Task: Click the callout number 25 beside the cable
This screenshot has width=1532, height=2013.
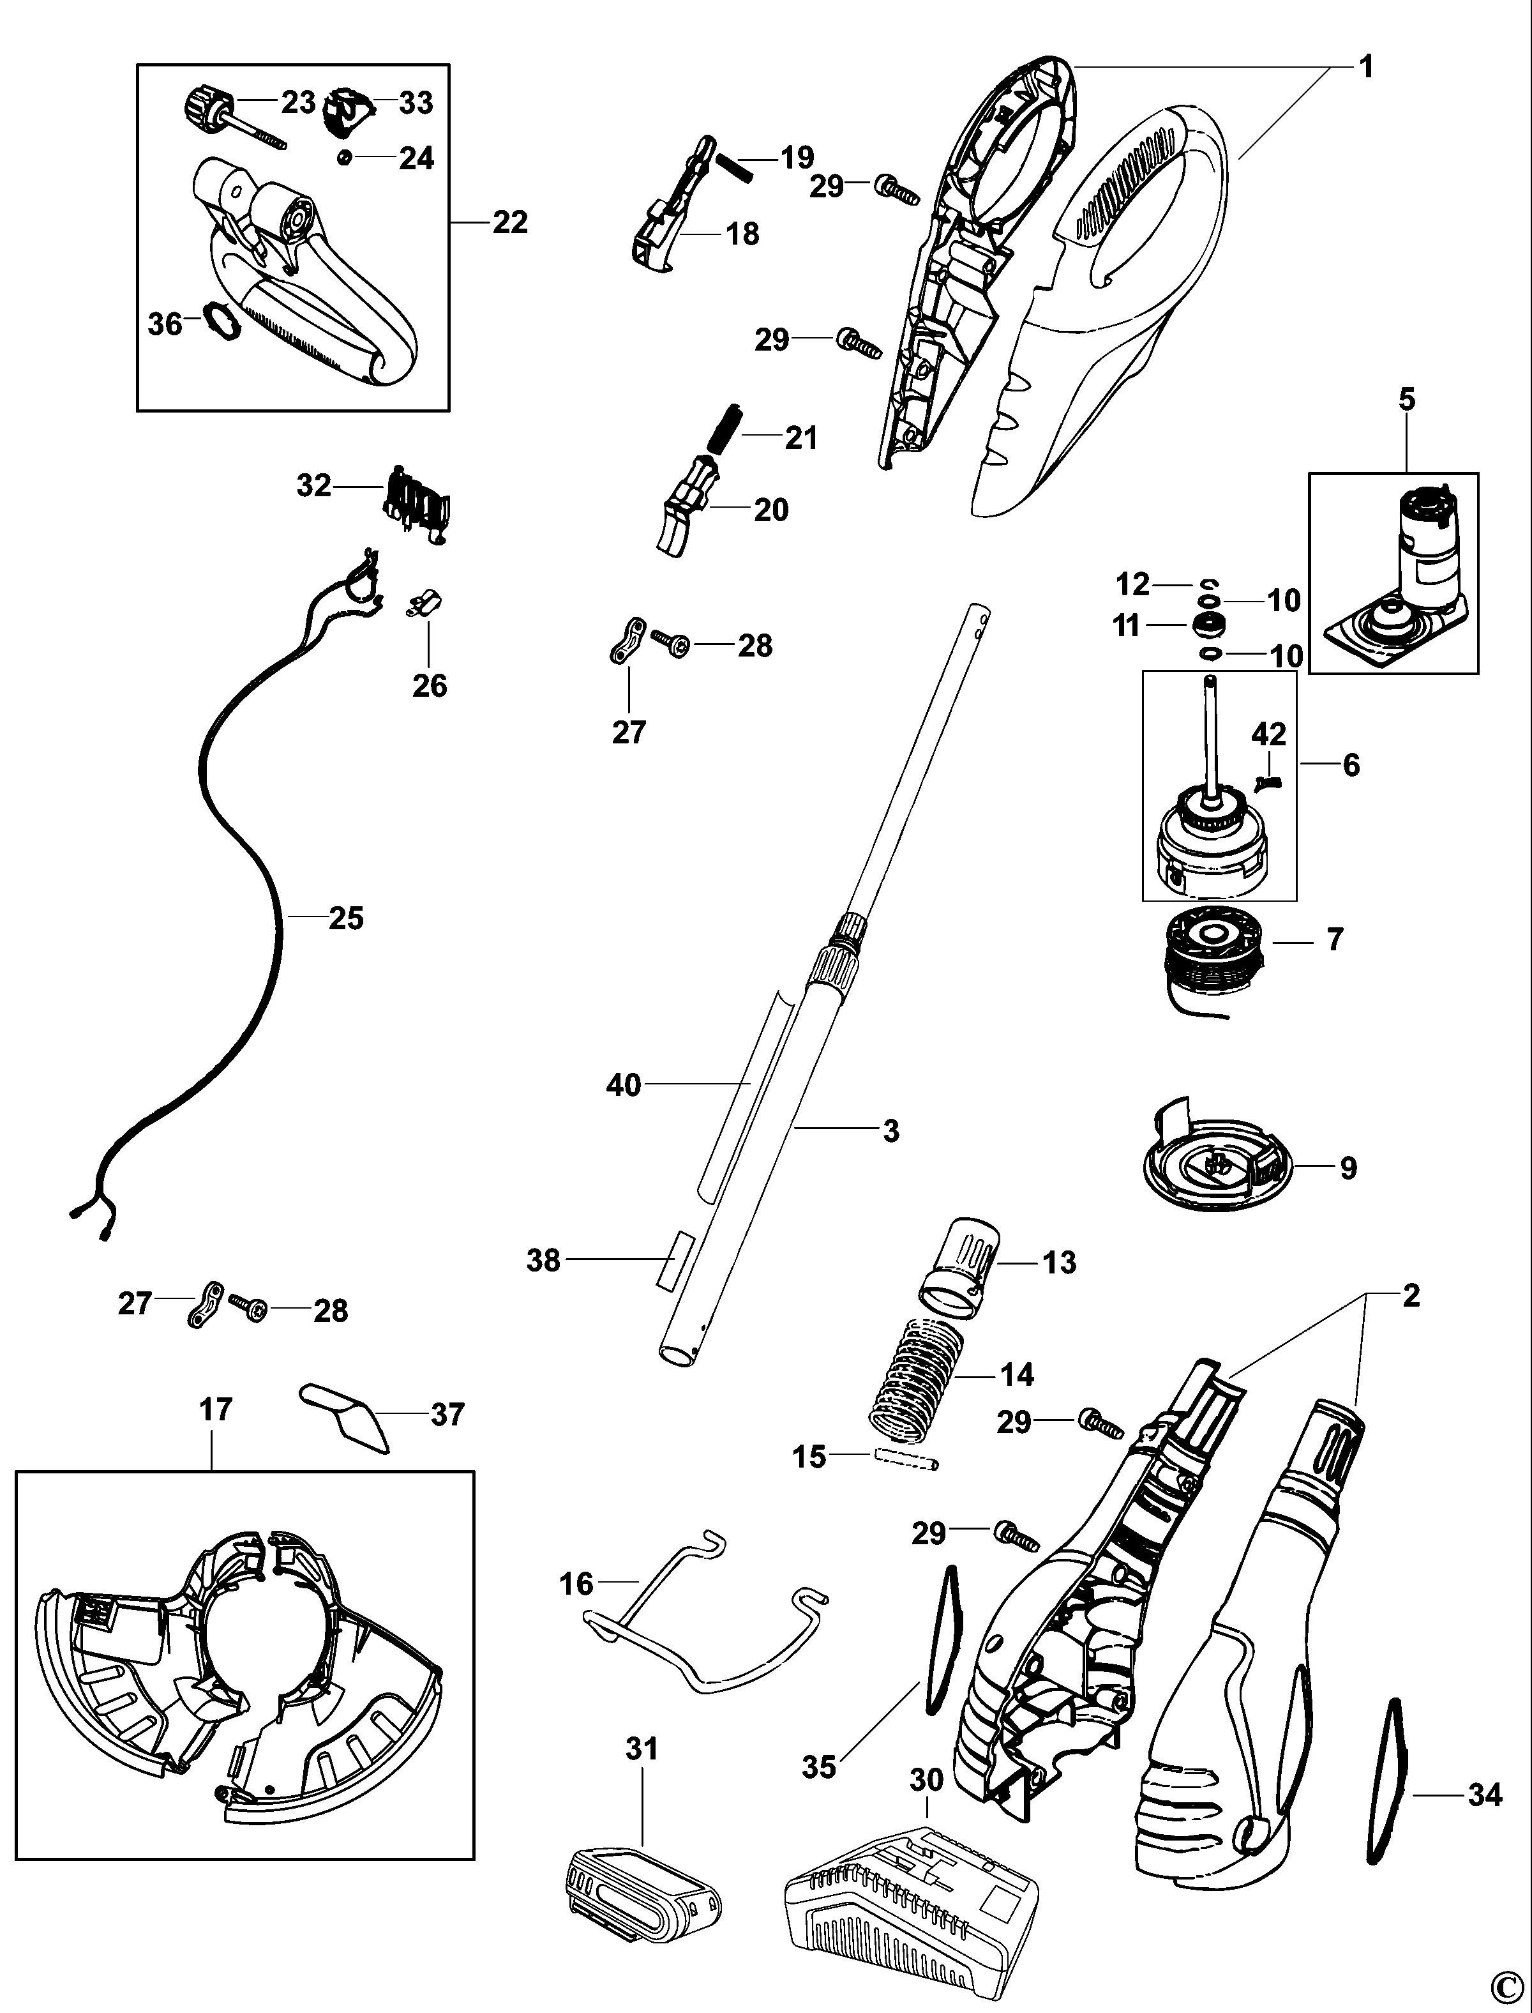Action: tap(345, 918)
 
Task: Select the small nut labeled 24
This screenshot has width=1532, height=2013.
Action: tap(345, 158)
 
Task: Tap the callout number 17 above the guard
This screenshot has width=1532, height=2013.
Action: tap(215, 1410)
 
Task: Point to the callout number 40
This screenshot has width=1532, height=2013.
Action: tap(624, 1086)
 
